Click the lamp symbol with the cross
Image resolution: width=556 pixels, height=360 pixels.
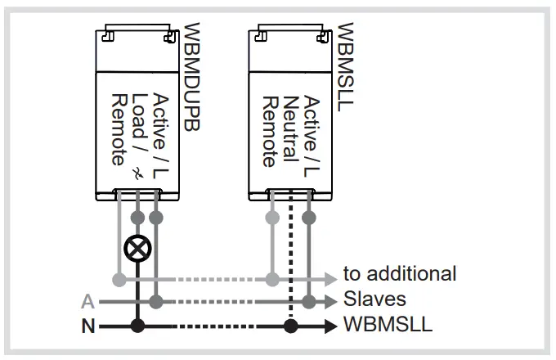(138, 247)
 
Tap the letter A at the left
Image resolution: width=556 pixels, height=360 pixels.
(87, 301)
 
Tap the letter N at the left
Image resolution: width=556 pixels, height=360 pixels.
(87, 326)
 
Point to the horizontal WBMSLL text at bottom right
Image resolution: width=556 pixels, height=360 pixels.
(388, 326)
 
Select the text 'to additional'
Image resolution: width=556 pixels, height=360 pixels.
(399, 274)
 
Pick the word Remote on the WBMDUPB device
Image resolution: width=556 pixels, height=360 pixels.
(119, 131)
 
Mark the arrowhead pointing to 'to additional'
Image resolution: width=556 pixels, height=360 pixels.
(331, 278)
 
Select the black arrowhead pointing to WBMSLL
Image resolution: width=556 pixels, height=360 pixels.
(331, 326)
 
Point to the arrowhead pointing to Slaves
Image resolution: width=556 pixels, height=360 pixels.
(331, 301)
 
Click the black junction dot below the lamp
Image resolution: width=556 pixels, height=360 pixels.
(138, 326)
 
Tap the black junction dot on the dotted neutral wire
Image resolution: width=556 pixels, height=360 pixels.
(289, 326)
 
